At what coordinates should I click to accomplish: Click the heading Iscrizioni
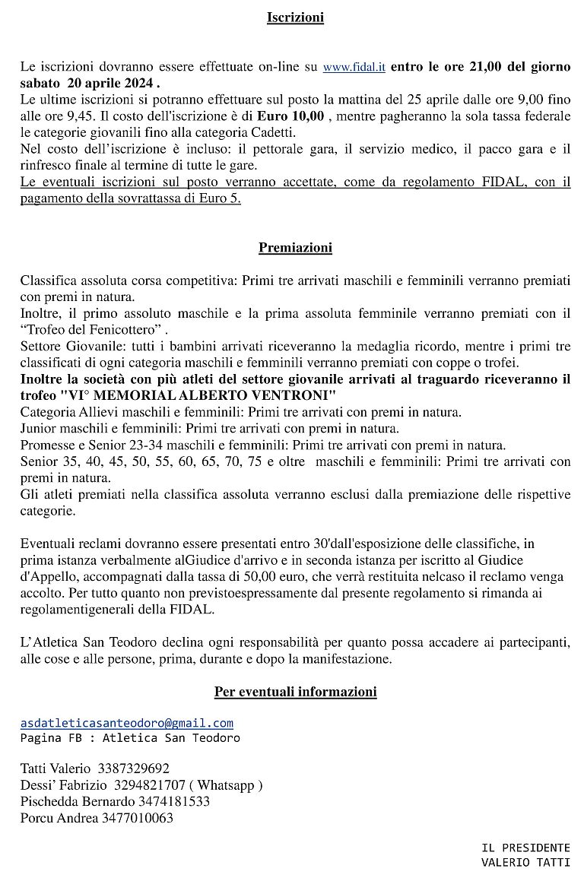(x=295, y=17)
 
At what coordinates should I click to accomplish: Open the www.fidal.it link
(x=354, y=67)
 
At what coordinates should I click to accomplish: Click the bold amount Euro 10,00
(x=290, y=116)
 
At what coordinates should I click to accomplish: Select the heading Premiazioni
(x=295, y=247)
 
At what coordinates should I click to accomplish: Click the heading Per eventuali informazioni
(x=295, y=692)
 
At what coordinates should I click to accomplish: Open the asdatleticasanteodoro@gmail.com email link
(x=127, y=723)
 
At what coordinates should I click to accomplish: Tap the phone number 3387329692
(x=134, y=769)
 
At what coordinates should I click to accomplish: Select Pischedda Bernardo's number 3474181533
(x=173, y=801)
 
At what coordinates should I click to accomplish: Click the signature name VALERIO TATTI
(x=525, y=862)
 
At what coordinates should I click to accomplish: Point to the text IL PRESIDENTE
(x=525, y=847)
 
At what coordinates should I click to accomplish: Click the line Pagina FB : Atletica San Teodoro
(x=130, y=738)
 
